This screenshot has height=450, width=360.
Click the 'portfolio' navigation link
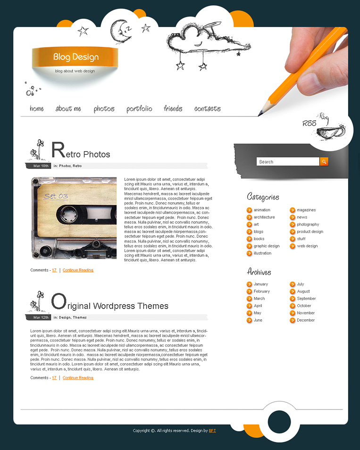click(139, 109)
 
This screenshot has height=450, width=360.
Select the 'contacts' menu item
click(207, 109)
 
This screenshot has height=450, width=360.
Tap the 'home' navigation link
click(36, 109)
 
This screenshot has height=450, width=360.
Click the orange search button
click(324, 162)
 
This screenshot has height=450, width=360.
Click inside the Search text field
click(288, 162)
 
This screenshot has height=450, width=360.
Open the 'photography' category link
click(308, 225)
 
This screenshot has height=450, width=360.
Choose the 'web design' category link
click(307, 246)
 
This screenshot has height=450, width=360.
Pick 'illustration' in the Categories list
click(262, 253)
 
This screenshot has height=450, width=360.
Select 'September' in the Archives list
click(306, 299)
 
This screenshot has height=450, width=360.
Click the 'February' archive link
click(261, 292)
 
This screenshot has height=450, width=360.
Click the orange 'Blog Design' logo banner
click(75, 57)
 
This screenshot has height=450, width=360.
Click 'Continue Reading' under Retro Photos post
click(78, 270)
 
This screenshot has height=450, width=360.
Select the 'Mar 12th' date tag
click(41, 317)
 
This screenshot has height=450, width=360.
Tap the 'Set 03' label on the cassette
click(56, 196)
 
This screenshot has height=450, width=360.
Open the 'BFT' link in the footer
click(212, 431)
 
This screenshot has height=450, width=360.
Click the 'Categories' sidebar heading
click(263, 197)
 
